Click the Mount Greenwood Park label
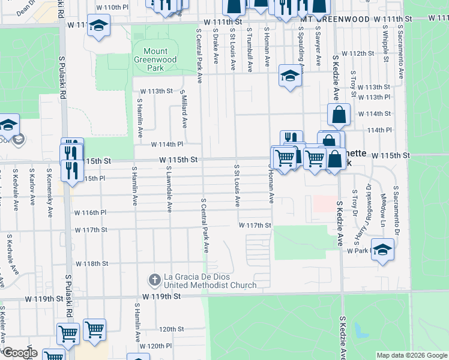[155, 60]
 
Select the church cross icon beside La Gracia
[154, 280]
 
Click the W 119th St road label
[161, 296]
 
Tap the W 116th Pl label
[91, 212]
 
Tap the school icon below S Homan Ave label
[289, 77]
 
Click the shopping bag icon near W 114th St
[339, 114]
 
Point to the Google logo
[20, 353]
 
